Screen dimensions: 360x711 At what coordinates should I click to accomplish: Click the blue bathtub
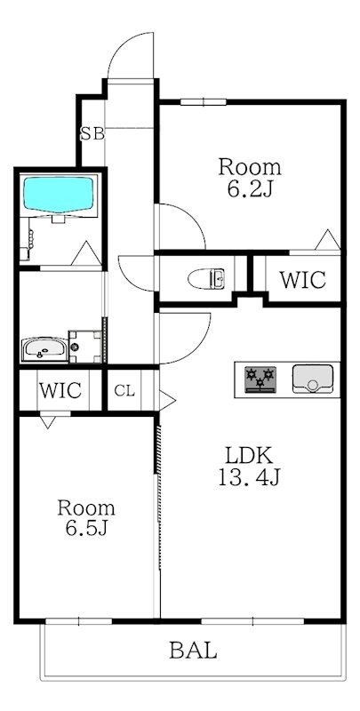point(58,194)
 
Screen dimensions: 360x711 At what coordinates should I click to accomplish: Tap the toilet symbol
point(206,278)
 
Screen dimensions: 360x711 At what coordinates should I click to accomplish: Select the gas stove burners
point(260,379)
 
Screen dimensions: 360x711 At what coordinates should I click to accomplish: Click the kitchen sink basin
point(312,379)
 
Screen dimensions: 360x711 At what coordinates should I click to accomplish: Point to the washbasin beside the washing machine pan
point(44,348)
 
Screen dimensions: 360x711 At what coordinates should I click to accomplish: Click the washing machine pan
point(85,347)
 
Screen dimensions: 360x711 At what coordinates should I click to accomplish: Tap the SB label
point(92,134)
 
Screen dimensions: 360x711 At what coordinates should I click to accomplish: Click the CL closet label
point(124,391)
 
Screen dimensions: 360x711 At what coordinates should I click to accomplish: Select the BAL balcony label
point(193,651)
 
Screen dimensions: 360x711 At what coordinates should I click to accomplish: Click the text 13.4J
point(249,477)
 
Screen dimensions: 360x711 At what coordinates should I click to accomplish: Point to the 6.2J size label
point(250,189)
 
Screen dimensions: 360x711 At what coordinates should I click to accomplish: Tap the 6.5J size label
point(86,528)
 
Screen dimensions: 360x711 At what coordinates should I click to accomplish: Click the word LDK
point(249,455)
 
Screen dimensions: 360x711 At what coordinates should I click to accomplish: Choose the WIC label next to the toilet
point(302,280)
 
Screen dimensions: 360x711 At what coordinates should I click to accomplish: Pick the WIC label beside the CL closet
point(60,390)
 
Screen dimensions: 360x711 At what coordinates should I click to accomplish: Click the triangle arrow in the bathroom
point(86,253)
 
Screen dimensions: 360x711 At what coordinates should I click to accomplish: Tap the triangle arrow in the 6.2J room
point(327,239)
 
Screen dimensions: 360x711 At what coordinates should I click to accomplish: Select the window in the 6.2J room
point(204,102)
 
